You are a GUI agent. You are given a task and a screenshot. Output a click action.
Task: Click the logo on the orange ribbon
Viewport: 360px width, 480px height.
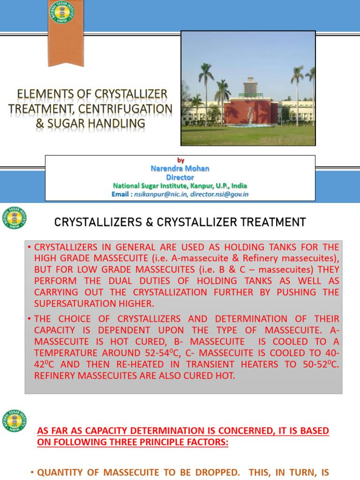(61, 12)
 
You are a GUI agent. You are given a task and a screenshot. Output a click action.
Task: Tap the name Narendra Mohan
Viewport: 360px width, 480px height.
(180, 168)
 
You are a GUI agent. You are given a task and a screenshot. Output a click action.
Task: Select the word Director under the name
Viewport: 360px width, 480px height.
(180, 177)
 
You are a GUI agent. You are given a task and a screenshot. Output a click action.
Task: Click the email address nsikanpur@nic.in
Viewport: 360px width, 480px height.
(161, 194)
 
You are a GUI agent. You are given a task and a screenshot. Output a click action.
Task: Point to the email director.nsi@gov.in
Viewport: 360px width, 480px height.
(219, 194)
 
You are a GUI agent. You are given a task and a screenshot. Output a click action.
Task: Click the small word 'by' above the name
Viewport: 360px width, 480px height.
(180, 160)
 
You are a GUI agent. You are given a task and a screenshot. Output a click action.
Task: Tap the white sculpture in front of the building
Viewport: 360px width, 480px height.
(250, 115)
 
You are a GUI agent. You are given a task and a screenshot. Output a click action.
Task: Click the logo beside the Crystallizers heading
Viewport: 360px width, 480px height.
(15, 217)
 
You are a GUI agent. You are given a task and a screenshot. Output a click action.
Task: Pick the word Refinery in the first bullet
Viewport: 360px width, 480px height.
(261, 258)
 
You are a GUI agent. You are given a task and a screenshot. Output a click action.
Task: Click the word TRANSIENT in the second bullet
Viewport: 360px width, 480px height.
(210, 364)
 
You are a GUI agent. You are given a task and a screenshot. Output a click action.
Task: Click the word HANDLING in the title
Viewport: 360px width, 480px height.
(116, 123)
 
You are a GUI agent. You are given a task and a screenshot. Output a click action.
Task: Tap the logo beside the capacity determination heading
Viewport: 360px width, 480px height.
(15, 420)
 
